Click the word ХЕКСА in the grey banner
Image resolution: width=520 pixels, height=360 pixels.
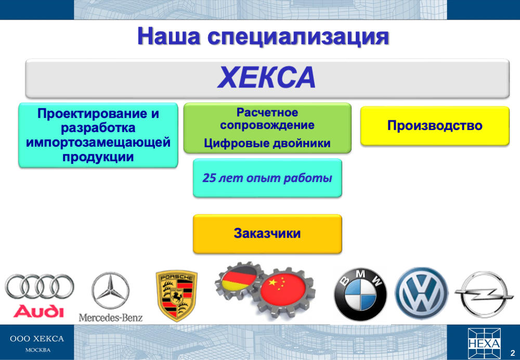[267, 77]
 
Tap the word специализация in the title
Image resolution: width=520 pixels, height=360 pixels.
[298, 36]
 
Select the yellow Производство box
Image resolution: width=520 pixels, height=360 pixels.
[435, 126]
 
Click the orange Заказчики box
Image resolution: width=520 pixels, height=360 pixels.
[267, 234]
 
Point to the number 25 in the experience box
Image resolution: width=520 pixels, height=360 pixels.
[209, 178]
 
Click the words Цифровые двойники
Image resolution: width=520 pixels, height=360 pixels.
[267, 143]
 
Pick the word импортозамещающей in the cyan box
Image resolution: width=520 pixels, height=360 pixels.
[98, 142]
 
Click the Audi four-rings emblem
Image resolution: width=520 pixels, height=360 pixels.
[40, 286]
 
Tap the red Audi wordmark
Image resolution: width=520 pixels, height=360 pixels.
[38, 311]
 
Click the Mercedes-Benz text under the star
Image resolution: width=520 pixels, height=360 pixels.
[110, 317]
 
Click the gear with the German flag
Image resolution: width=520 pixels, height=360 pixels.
[239, 281]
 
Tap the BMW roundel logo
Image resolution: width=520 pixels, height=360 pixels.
[360, 294]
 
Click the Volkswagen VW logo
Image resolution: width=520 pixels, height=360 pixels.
[421, 294]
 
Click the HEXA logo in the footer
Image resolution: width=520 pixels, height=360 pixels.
[484, 343]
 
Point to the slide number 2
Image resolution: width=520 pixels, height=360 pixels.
[513, 352]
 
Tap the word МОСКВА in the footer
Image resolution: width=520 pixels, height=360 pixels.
[38, 350]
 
